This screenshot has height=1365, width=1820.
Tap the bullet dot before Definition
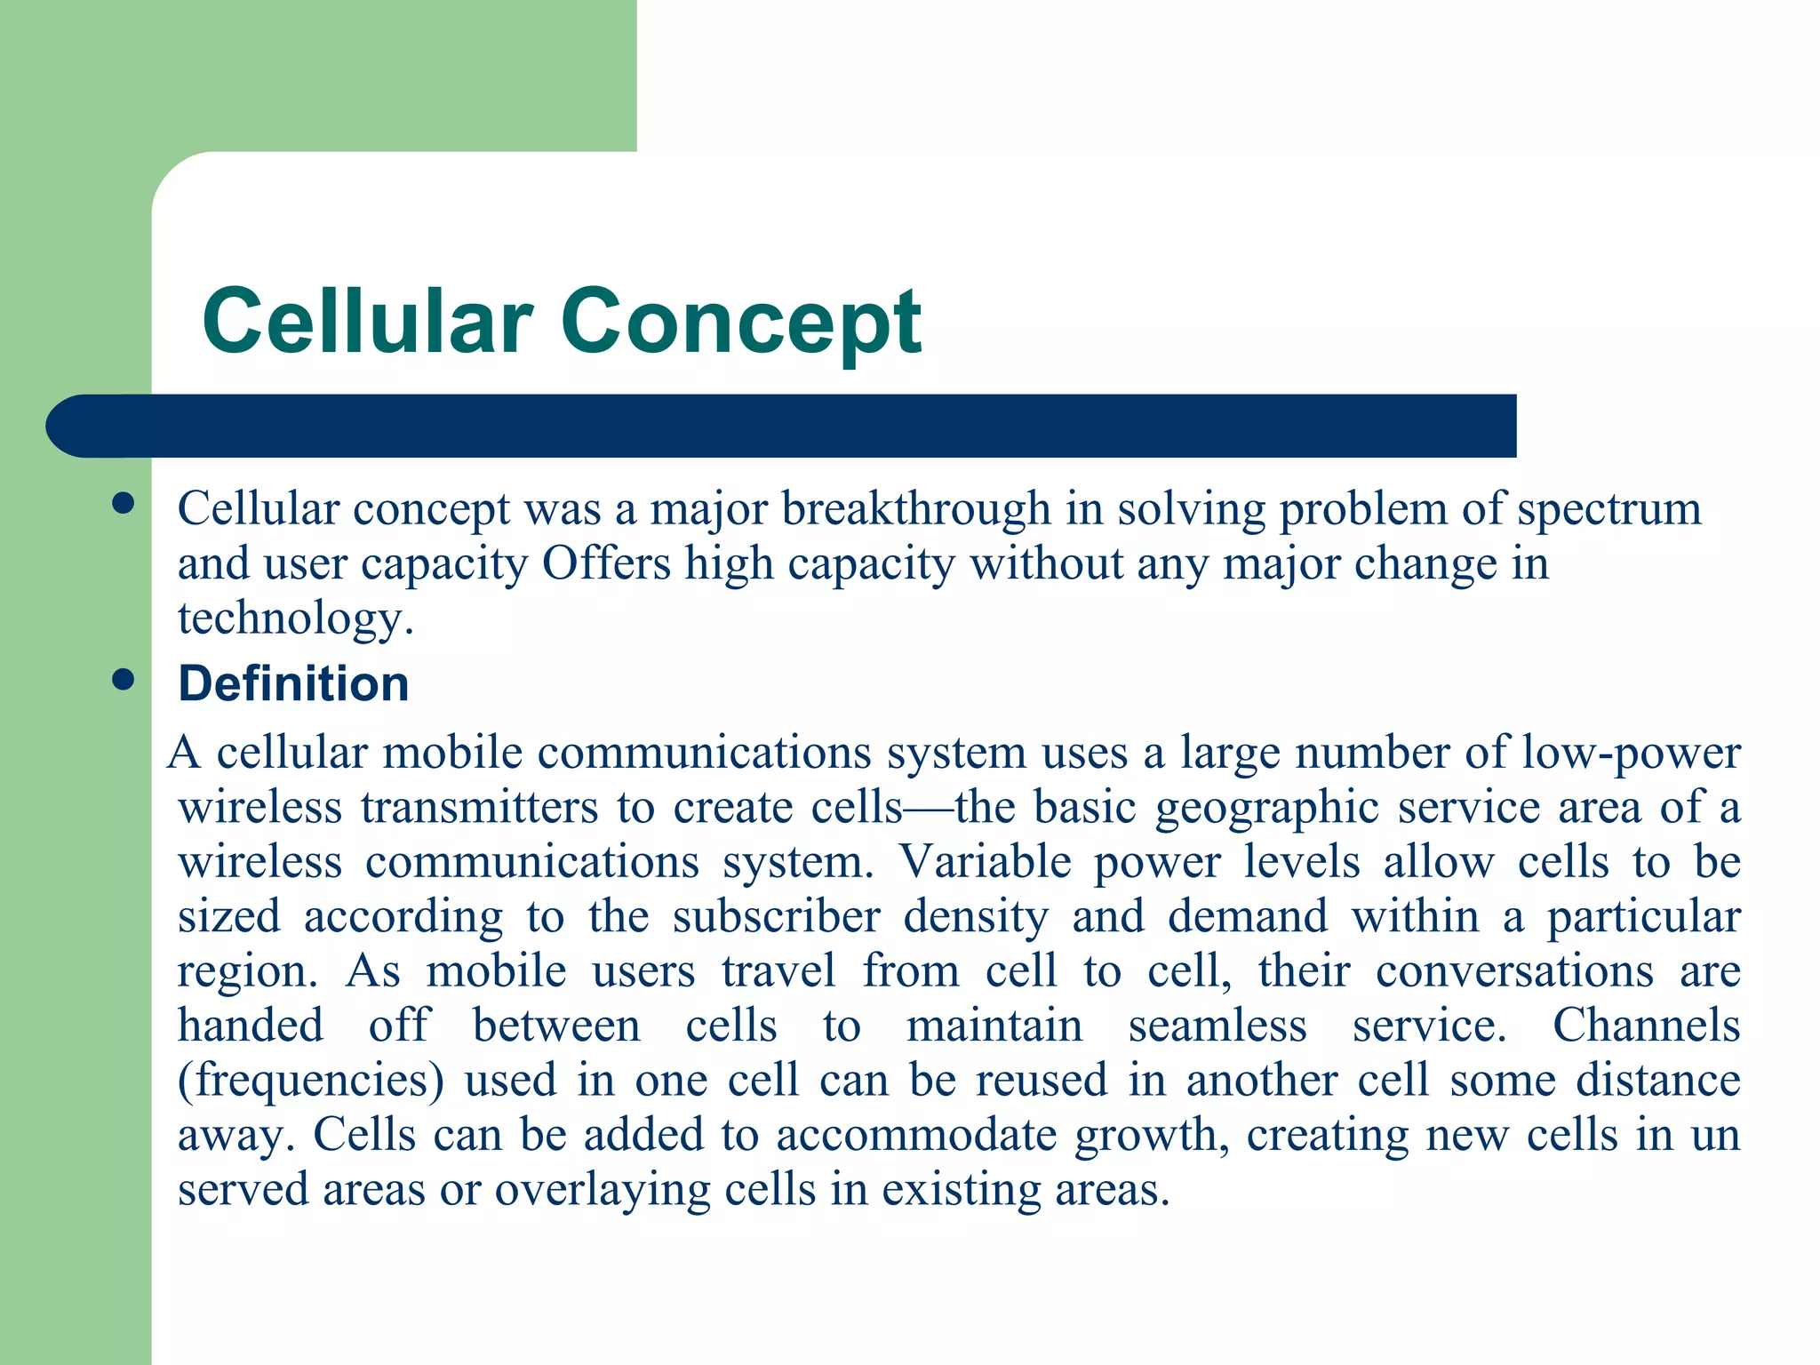tap(124, 681)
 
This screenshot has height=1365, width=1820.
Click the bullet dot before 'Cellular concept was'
tap(124, 504)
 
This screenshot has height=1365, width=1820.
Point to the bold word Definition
tap(293, 683)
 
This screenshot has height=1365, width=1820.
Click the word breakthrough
tap(916, 509)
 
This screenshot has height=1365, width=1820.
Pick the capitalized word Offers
tap(606, 563)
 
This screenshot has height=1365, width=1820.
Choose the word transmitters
tap(480, 808)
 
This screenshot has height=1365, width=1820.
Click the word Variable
tap(985, 862)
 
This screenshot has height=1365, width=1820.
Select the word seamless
tap(1217, 1026)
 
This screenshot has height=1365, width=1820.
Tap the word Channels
tap(1646, 1026)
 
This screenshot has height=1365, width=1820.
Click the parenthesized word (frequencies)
tap(310, 1082)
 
